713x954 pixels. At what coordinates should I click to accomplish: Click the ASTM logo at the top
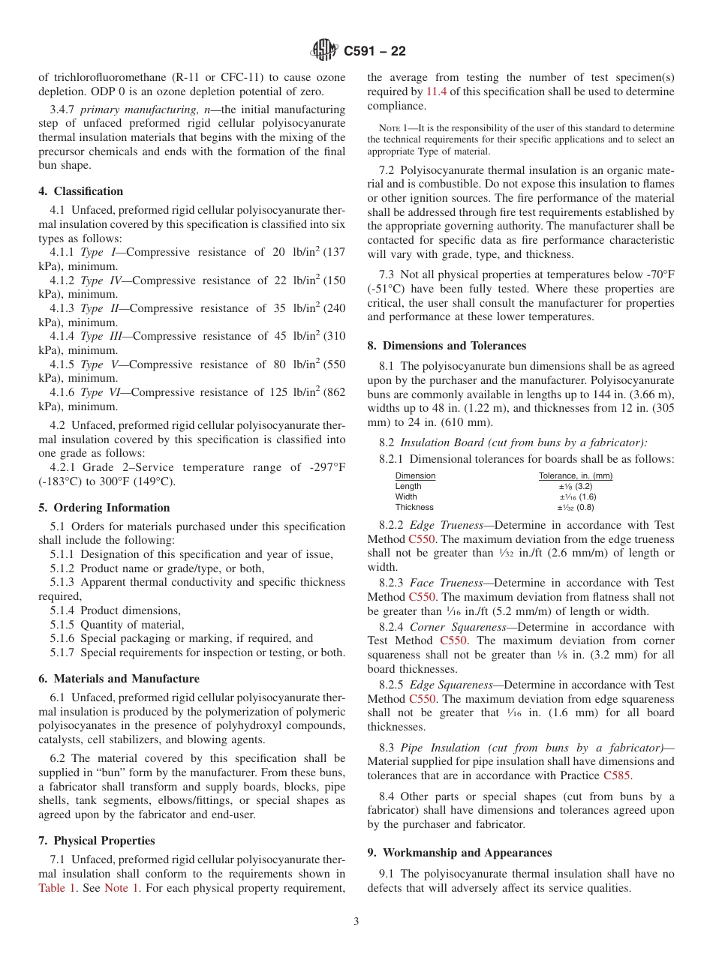click(324, 51)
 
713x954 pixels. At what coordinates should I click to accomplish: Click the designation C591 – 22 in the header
click(375, 51)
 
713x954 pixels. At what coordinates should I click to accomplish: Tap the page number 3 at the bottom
click(356, 921)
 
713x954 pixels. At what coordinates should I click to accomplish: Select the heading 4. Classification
click(81, 191)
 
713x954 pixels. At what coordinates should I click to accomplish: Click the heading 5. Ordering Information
click(104, 508)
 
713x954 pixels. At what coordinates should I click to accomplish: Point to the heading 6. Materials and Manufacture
click(119, 679)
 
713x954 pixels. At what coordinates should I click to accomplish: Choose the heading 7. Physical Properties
click(97, 841)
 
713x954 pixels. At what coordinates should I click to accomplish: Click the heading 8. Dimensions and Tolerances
click(447, 346)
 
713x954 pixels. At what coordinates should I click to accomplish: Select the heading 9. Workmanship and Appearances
click(460, 853)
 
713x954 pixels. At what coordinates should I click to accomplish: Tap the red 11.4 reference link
click(436, 91)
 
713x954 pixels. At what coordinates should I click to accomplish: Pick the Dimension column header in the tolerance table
click(415, 475)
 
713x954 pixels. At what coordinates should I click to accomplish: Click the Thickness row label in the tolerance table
click(414, 507)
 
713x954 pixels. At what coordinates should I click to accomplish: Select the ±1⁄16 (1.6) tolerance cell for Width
click(577, 496)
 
